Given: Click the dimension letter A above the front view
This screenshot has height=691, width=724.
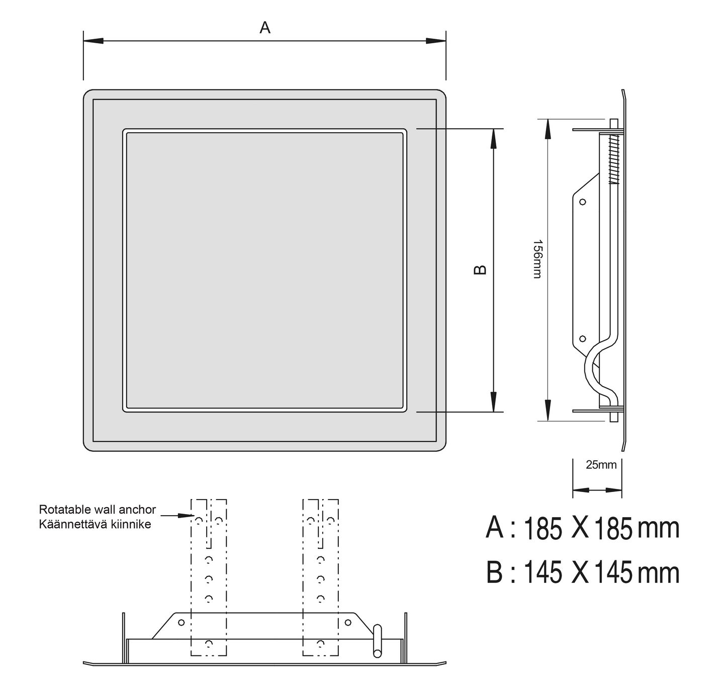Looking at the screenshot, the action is (264, 28).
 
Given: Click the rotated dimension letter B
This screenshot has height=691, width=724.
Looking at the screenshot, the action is (480, 270).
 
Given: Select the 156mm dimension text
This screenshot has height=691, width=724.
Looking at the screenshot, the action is (537, 259).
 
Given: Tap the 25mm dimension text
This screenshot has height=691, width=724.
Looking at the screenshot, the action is (601, 464).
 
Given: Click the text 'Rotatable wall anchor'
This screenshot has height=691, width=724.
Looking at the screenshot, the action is (98, 509).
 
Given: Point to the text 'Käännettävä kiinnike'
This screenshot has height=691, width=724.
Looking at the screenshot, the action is (95, 524).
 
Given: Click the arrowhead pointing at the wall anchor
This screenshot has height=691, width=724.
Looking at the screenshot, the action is (186, 516).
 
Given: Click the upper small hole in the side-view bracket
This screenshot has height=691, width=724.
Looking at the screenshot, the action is (583, 202).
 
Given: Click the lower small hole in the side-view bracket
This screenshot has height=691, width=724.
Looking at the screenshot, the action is (583, 338).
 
